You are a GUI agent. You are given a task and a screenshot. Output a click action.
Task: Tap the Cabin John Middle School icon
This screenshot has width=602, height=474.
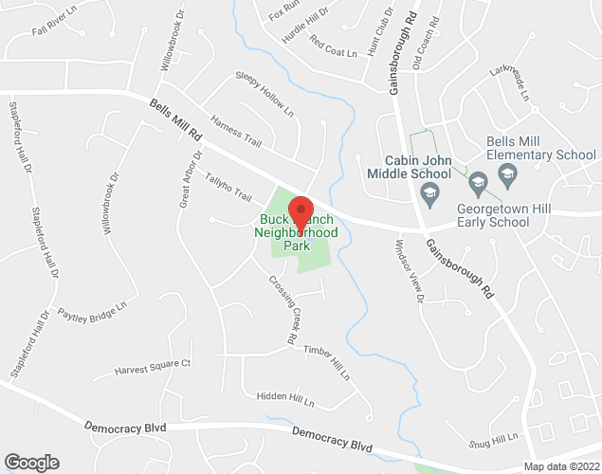coord(430,192)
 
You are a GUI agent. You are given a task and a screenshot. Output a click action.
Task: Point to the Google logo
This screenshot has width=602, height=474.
coord(30,463)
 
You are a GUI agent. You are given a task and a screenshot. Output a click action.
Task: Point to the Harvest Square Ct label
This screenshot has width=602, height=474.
coord(154,367)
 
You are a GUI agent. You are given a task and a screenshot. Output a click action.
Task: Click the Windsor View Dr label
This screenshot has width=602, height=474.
coord(409,270)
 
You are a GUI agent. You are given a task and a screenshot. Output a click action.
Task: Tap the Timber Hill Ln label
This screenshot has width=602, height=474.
coord(326,361)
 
